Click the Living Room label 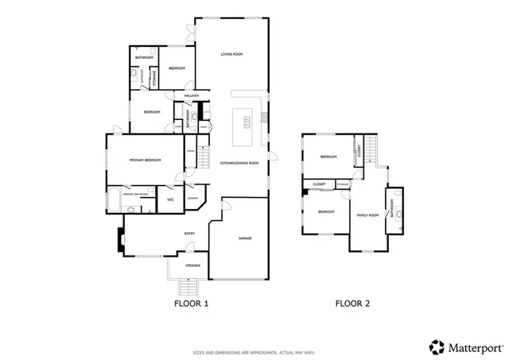pos(231,54)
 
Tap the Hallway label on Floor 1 pos(191,96)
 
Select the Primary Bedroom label pos(146,161)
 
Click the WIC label pos(169,199)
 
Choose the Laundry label pos(192,198)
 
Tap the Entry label pos(189,234)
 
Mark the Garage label pos(245,238)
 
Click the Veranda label pos(192,265)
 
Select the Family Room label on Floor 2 pos(367,215)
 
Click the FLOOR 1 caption pos(191,303)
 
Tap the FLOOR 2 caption pos(352,303)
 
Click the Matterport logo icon pos(437,346)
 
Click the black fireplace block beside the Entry pos(120,239)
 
